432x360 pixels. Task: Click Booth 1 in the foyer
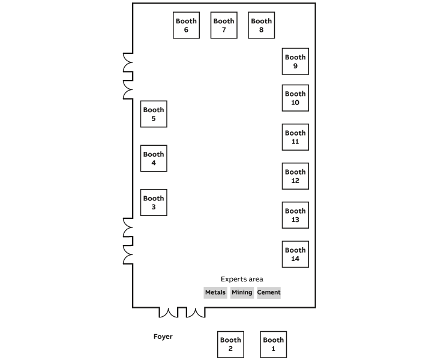(x=274, y=344)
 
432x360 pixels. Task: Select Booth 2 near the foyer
(x=230, y=344)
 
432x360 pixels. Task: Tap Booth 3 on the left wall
(x=154, y=202)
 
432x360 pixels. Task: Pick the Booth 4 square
(x=154, y=158)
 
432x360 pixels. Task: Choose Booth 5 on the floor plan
(x=154, y=114)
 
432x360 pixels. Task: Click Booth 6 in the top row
(x=186, y=25)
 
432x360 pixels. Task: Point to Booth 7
(x=224, y=25)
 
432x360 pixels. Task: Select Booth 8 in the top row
(x=262, y=25)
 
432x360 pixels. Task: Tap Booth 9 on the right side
(x=295, y=61)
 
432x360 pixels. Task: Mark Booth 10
(x=295, y=98)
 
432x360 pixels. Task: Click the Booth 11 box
(x=295, y=137)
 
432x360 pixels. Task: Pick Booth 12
(x=295, y=176)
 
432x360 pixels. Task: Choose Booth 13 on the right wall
(x=295, y=215)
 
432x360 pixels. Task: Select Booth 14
(x=295, y=254)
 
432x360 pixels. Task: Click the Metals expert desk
(x=215, y=293)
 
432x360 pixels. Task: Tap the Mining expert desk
(x=242, y=293)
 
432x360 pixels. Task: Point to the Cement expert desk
(x=269, y=293)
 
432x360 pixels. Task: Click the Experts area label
(x=242, y=279)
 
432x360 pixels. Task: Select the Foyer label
(x=163, y=337)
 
